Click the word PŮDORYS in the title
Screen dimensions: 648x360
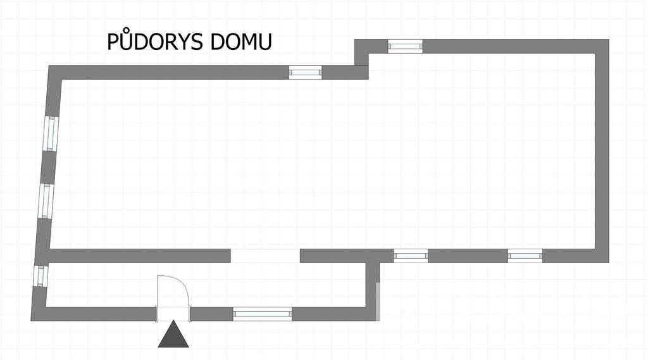(x=156, y=40)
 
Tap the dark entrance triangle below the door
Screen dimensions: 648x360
(x=173, y=334)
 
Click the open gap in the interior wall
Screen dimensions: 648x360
(x=265, y=256)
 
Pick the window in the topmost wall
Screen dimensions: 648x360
(x=405, y=46)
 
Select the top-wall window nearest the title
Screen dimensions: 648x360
(x=305, y=72)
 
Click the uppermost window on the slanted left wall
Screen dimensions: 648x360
(x=51, y=133)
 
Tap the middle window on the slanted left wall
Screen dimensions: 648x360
(x=46, y=201)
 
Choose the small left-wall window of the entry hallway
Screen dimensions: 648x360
(x=40, y=276)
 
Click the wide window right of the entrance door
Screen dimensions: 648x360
(x=263, y=314)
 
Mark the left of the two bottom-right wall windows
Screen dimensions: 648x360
(x=411, y=256)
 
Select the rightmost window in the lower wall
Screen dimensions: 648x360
(x=525, y=256)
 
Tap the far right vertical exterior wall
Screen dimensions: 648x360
(x=602, y=151)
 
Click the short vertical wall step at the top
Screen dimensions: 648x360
(x=361, y=59)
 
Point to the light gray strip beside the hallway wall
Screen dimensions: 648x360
(x=378, y=302)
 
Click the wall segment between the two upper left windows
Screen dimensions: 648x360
(x=48, y=168)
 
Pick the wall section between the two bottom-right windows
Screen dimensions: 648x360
(x=468, y=256)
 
